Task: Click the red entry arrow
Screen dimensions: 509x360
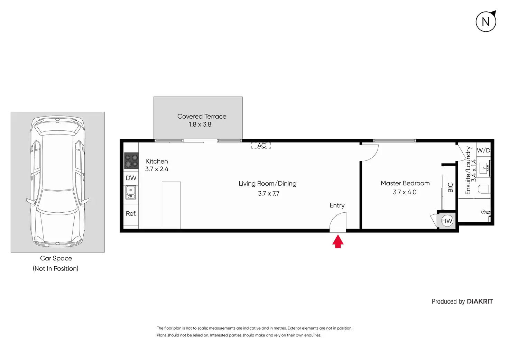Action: tap(338, 241)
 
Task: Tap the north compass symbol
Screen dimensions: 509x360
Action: tap(486, 22)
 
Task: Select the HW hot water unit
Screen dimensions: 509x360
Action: tap(447, 221)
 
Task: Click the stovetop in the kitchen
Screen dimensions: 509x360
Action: tap(131, 161)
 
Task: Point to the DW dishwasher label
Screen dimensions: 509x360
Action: tap(131, 178)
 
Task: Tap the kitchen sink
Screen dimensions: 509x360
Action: tap(131, 193)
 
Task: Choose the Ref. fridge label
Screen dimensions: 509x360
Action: tap(131, 214)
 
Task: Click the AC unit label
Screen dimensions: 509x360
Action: tap(261, 146)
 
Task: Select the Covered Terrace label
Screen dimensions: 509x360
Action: tap(202, 117)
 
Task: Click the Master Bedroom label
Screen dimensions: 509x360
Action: tap(405, 183)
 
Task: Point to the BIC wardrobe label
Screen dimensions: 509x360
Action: tap(450, 187)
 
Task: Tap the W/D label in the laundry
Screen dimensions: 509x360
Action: tap(483, 150)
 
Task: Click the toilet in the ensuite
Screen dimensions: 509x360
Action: tap(484, 189)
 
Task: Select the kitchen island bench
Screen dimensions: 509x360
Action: tap(171, 205)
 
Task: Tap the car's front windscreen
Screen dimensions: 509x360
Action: tap(57, 201)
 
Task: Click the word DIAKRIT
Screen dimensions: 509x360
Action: tap(480, 302)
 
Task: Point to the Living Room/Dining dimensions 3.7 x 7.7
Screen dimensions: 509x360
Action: tap(268, 194)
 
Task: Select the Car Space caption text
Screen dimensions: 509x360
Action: tap(56, 258)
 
